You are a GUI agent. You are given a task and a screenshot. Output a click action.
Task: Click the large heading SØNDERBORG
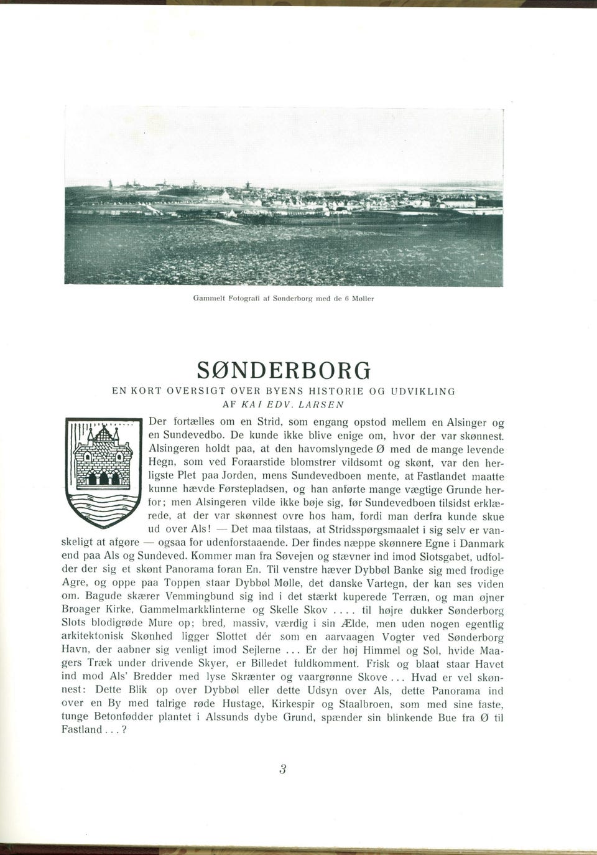click(283, 371)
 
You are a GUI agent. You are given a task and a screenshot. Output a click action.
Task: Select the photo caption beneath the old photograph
click(283, 299)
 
